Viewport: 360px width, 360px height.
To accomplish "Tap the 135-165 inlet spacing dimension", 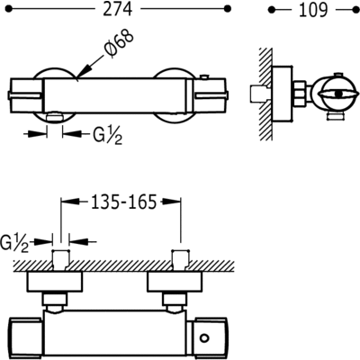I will coord(120,202).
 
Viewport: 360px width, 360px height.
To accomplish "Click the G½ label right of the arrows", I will coord(105,134).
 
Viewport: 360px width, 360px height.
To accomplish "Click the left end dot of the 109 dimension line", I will coord(272,12).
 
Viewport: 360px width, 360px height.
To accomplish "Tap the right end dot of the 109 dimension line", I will coord(355,12).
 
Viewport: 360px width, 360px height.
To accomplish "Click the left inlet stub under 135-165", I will coord(60,261).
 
